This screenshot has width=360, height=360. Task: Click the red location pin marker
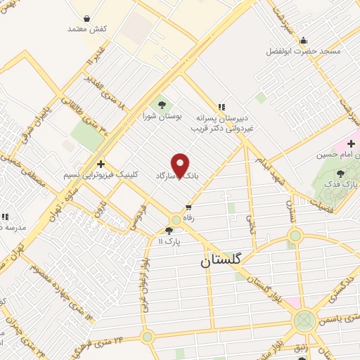click(181, 166)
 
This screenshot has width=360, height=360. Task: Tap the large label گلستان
click(220, 259)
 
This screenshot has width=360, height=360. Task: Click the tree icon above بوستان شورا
click(162, 105)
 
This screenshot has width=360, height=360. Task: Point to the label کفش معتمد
click(87, 29)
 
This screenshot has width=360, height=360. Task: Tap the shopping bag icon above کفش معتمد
click(86, 18)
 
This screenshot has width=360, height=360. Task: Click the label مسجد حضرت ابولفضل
click(303, 51)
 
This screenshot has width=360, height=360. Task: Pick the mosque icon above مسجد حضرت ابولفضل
click(303, 40)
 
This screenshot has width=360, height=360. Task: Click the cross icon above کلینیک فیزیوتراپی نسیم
click(101, 163)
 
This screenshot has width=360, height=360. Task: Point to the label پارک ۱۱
click(169, 241)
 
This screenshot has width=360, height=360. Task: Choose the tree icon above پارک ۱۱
click(169, 230)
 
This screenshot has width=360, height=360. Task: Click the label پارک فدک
click(345, 184)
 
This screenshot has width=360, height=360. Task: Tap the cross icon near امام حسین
click(351, 143)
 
